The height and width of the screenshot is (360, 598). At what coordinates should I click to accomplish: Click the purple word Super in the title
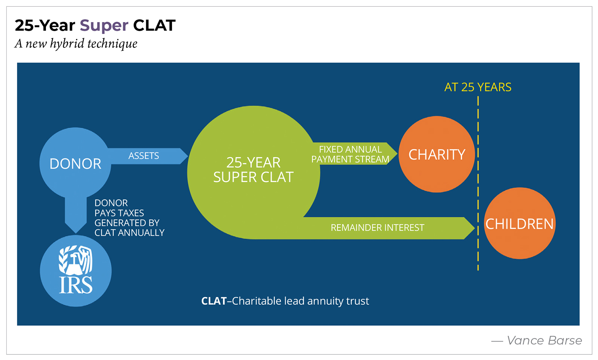104,26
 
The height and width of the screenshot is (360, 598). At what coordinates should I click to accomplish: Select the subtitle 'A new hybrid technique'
76,44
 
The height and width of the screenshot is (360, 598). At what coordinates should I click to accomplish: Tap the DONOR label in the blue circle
75,164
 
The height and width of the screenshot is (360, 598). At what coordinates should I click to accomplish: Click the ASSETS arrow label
144,156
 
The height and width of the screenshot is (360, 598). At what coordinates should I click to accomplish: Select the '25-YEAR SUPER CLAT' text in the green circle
253,170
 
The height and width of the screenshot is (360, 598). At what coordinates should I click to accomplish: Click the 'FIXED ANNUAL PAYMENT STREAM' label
350,154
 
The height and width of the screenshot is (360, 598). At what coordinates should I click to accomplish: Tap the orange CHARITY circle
437,154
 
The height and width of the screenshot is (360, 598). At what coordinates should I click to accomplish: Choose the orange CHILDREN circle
520,223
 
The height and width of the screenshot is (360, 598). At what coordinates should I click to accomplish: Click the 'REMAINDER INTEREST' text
377,228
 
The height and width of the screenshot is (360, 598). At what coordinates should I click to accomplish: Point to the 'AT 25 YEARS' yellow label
478,87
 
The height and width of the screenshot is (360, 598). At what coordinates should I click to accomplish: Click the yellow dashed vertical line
478,179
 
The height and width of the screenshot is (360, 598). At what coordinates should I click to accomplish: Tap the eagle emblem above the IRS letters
76,259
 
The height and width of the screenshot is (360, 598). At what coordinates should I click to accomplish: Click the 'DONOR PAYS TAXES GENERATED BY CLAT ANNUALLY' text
129,218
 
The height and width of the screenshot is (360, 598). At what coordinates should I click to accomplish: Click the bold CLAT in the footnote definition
214,301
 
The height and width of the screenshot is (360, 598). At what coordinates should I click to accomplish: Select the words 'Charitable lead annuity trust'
300,301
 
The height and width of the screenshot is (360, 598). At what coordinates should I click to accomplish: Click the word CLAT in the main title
154,26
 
